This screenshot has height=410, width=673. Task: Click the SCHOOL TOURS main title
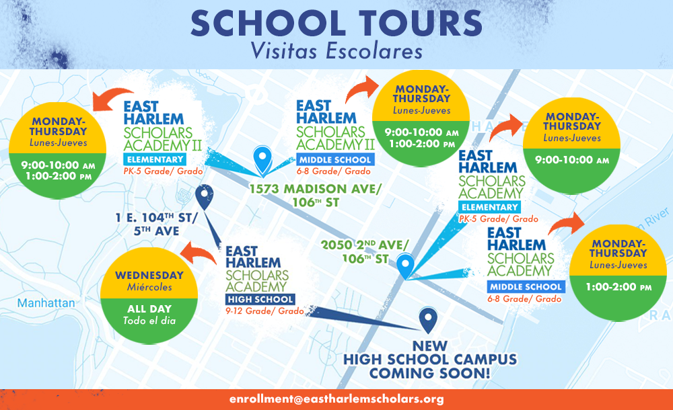336,23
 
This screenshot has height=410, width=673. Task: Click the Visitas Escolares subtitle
336,51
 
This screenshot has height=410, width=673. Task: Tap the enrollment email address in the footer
336,399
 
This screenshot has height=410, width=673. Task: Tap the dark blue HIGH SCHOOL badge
260,299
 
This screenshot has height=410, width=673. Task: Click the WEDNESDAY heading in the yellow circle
149,276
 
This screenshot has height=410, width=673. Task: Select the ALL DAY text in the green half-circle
149,309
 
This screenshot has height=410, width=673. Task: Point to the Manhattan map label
46,303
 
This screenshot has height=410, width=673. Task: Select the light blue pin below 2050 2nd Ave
405,265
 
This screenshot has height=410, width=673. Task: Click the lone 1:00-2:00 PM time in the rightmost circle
618,287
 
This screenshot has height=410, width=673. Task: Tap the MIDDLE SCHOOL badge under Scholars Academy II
334,160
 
